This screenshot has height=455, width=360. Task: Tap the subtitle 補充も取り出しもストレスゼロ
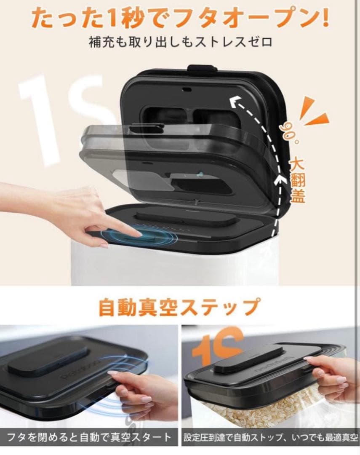point(180,42)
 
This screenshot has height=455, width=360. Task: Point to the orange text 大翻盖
point(298,179)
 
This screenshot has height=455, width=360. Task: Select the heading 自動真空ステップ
point(180,307)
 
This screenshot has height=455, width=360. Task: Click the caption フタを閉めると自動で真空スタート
point(89,436)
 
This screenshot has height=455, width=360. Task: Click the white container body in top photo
point(168,265)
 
